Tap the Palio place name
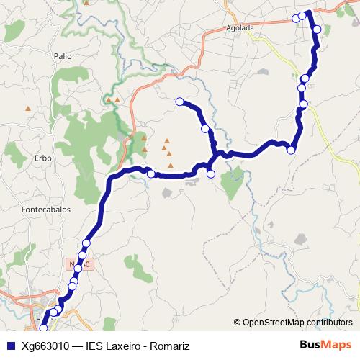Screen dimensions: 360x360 click(x=63, y=55)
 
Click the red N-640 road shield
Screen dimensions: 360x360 click(x=82, y=264)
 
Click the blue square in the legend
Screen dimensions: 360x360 click(x=9, y=346)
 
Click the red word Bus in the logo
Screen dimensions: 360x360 click(x=310, y=346)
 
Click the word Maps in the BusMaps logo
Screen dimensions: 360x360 click(x=337, y=346)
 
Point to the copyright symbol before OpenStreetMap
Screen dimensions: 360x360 click(x=237, y=322)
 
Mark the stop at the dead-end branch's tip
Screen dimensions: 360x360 click(x=179, y=102)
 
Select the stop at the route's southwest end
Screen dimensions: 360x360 click(x=43, y=328)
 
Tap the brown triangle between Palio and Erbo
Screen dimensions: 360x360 click(x=28, y=109)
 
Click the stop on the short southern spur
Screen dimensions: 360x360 click(x=211, y=174)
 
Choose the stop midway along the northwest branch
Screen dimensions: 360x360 click(x=205, y=128)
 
